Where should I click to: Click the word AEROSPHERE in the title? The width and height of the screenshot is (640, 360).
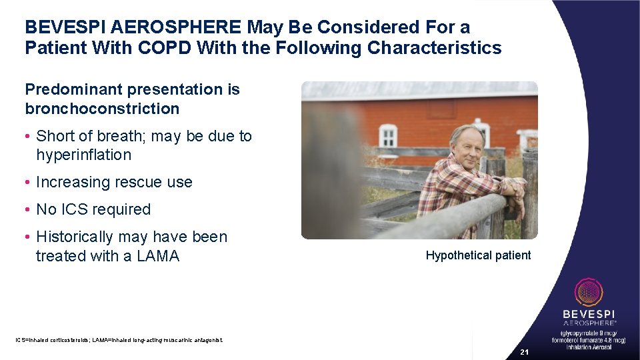coord(177,27)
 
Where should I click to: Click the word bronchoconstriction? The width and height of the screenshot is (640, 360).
coord(102,109)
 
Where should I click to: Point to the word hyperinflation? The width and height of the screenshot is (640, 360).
coord(84,155)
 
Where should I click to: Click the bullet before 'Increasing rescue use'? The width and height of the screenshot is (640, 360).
coord(28,183)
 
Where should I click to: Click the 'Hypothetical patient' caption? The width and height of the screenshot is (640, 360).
coord(478,255)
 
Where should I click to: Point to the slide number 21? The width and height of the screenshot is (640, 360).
coord(524,352)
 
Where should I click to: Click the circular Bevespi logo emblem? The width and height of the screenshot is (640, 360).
coord(589,293)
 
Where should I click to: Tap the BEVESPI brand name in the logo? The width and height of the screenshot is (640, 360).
coord(589,313)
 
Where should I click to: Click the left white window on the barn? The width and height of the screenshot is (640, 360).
coord(387,135)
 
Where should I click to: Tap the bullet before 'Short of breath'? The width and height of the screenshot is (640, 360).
coord(28,137)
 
